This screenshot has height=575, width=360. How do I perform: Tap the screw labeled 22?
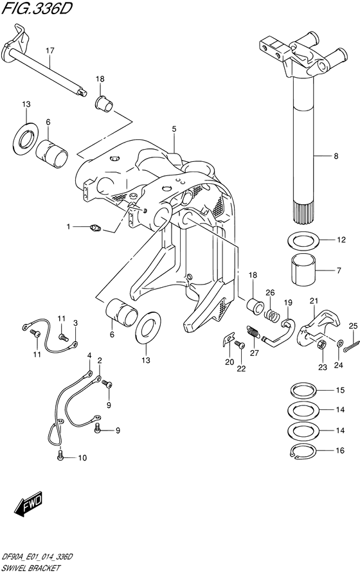(240, 346)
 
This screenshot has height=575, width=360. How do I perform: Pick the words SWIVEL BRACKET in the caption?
(32, 569)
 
